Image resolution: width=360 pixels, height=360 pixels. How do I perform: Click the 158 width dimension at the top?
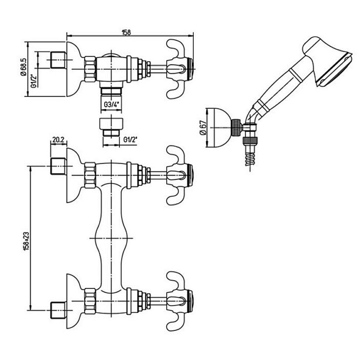126,32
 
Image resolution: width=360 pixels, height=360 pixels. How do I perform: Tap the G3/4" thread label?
112,105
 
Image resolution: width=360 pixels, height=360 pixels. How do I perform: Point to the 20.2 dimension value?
58,140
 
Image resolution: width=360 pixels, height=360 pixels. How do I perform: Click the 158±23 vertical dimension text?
27,241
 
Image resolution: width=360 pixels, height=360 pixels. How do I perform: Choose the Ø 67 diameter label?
203,128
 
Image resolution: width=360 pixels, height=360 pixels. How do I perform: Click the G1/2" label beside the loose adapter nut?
130,140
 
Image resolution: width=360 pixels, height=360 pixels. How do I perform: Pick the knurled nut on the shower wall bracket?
236,128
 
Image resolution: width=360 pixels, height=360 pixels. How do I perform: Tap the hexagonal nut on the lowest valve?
90,301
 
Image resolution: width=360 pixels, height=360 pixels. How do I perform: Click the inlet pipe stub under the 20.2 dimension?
58,166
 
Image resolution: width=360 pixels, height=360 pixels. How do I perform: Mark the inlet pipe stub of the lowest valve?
58,310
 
